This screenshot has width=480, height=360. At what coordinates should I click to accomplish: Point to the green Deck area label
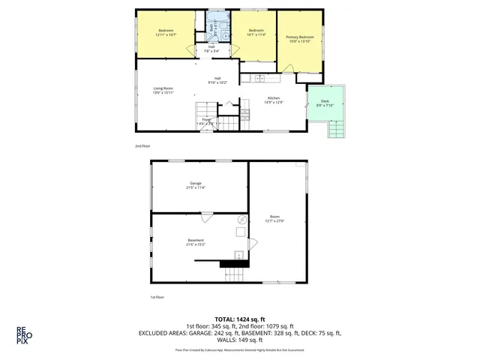[324, 103]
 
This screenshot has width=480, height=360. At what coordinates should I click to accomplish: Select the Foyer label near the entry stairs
[205, 121]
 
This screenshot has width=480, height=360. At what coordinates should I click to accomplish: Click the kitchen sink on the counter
[259, 78]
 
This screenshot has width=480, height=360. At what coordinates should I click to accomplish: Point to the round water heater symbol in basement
[241, 220]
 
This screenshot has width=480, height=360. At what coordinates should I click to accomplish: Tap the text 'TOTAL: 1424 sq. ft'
[240, 318]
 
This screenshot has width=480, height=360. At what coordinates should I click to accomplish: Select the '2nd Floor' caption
[142, 145]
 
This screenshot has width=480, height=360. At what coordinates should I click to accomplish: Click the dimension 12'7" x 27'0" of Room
[274, 221]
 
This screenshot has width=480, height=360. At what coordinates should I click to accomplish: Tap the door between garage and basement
[206, 217]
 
